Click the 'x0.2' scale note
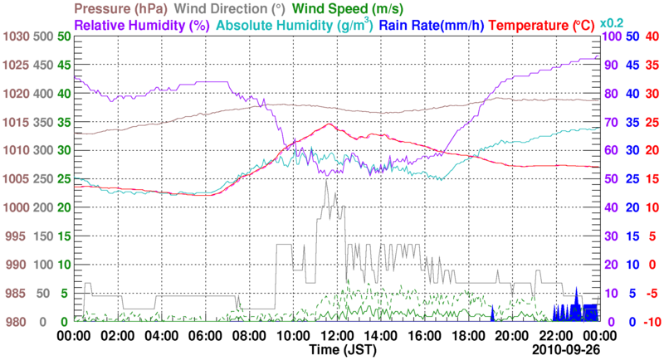point(612,22)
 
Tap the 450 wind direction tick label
point(42,66)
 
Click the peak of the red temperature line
point(330,124)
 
